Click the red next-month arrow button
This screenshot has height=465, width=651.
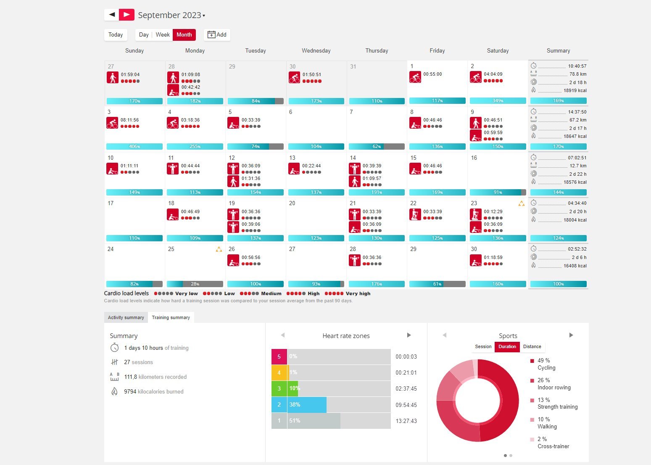point(127,15)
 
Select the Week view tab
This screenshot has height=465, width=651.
point(163,35)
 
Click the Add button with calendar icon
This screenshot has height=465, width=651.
point(217,35)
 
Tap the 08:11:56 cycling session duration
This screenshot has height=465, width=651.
point(129,120)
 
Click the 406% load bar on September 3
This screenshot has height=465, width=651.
point(134,146)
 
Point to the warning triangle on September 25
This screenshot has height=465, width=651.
point(219,249)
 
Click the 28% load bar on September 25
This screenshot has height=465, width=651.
point(195,284)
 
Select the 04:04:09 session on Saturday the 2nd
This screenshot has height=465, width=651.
point(493,74)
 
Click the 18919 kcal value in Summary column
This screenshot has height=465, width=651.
point(575,90)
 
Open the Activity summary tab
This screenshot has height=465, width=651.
point(126,317)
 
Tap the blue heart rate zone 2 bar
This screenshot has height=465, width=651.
point(307,405)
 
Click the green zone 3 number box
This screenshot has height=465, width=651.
point(279,388)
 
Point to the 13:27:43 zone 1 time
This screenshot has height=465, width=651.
point(406,421)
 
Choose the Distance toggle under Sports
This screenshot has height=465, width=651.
point(532,347)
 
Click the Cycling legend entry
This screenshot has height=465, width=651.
point(546,367)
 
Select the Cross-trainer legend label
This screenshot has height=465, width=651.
point(553,446)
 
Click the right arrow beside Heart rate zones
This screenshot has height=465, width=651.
point(409,335)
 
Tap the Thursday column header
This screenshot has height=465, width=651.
point(377,50)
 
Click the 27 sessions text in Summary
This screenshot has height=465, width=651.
point(138,362)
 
